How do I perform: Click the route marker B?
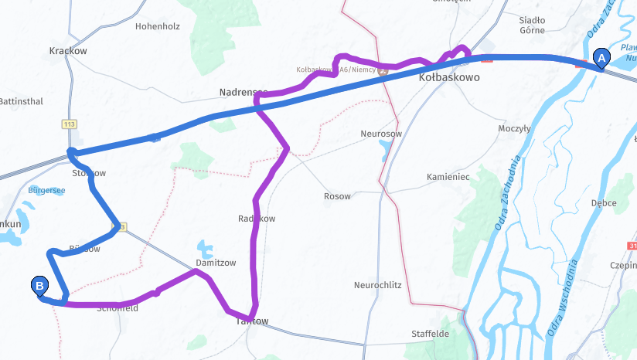(x=39, y=286)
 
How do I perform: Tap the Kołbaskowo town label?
(x=449, y=78)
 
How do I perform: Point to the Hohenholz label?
(x=157, y=26)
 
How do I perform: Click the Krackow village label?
(x=68, y=51)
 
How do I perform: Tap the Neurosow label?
(x=381, y=134)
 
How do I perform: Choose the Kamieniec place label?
(x=448, y=177)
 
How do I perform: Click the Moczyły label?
(x=514, y=128)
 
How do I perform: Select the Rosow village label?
(x=337, y=196)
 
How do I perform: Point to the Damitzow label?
(x=216, y=263)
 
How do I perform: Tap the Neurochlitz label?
(x=377, y=285)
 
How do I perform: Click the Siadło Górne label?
(x=532, y=25)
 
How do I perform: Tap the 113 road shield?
(x=70, y=124)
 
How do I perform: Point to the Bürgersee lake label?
(x=46, y=190)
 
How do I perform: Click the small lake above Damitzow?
(x=205, y=248)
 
